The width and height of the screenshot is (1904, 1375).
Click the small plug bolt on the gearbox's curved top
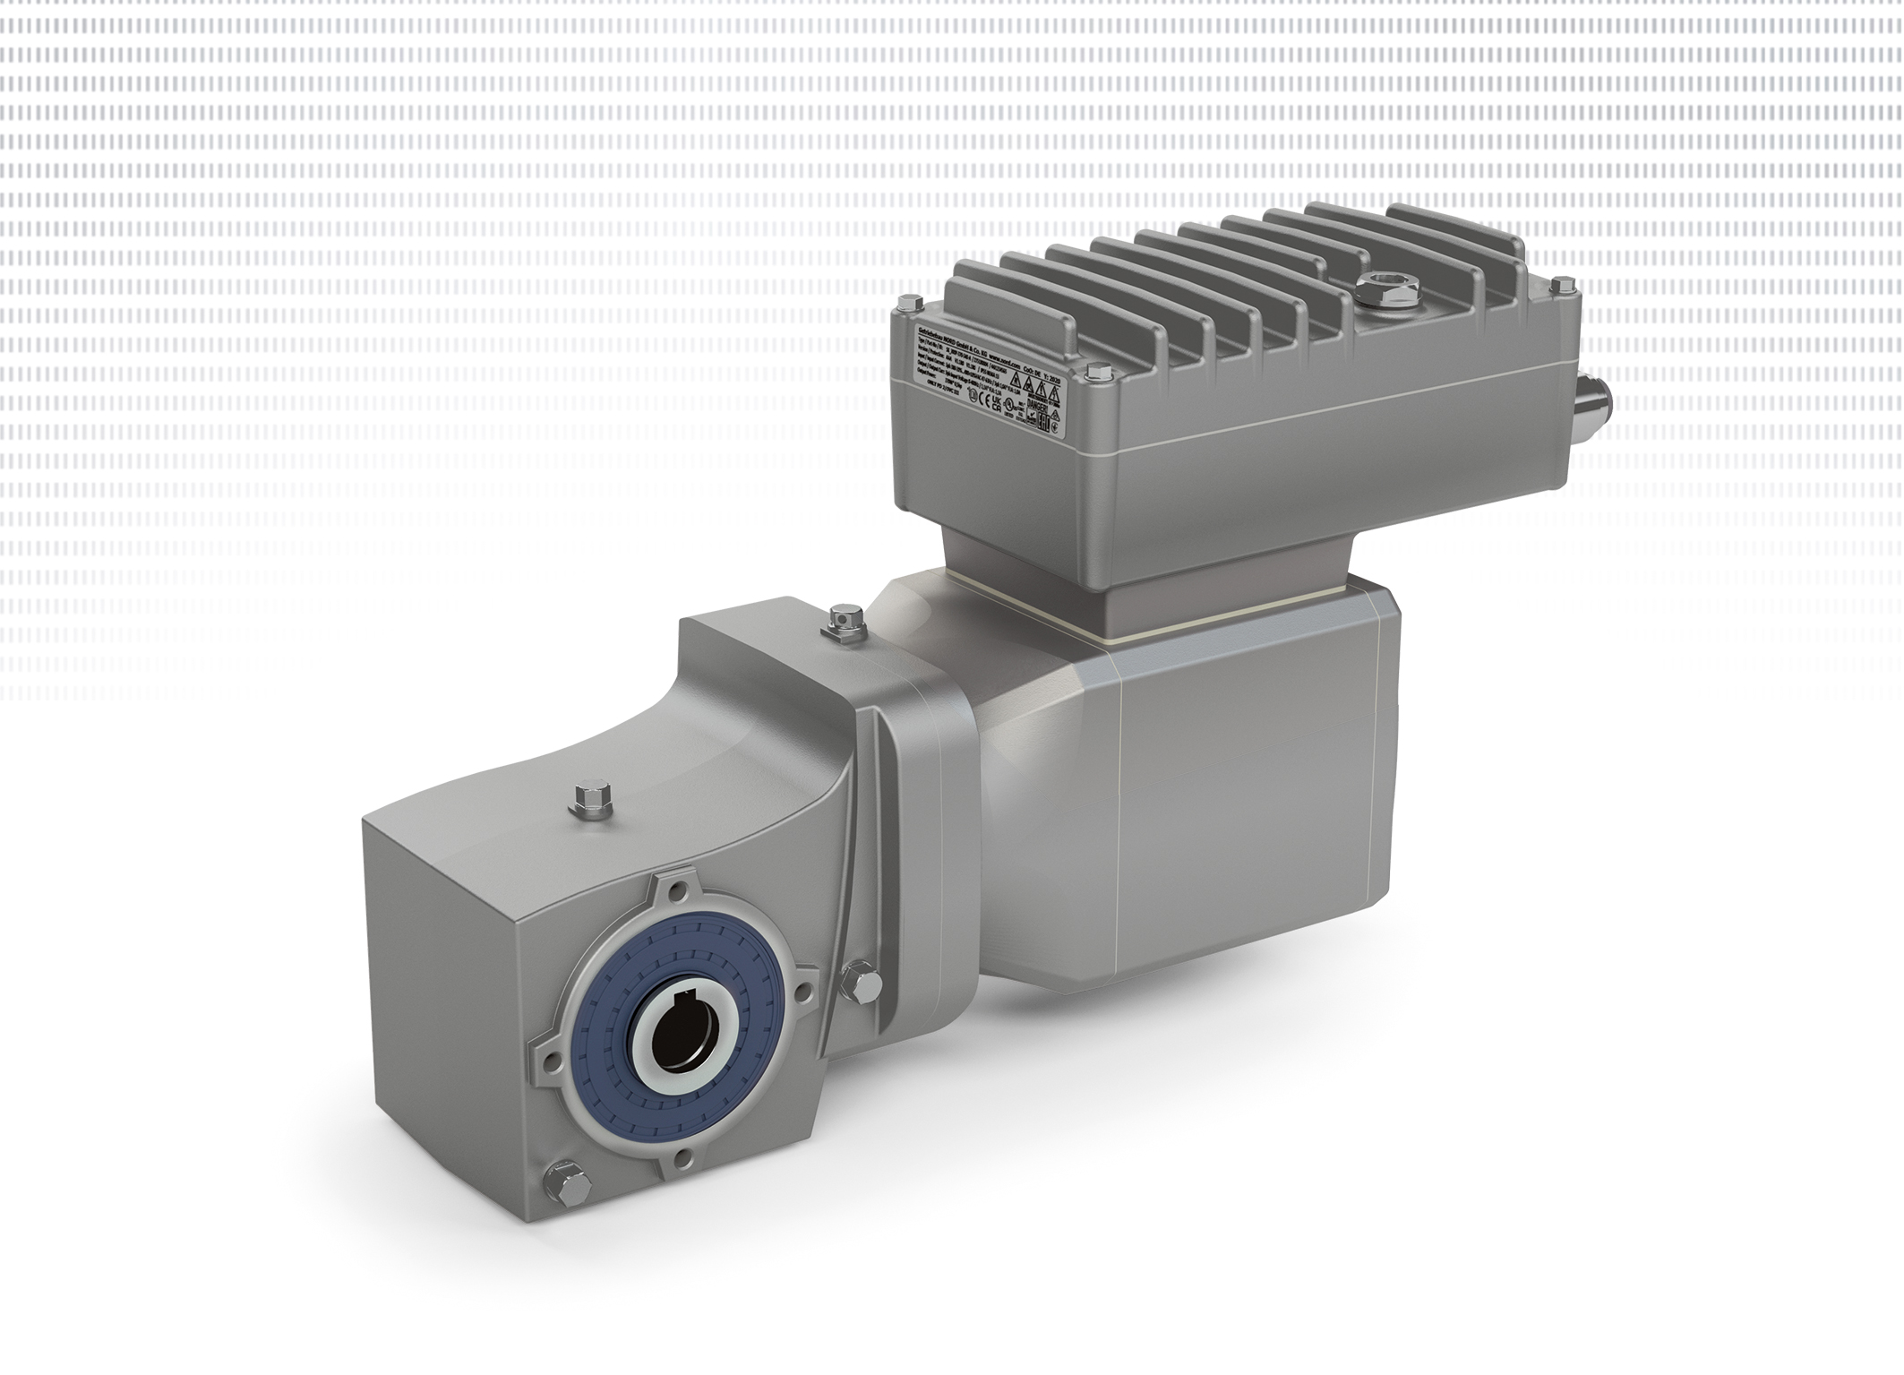pyautogui.click(x=593, y=799)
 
